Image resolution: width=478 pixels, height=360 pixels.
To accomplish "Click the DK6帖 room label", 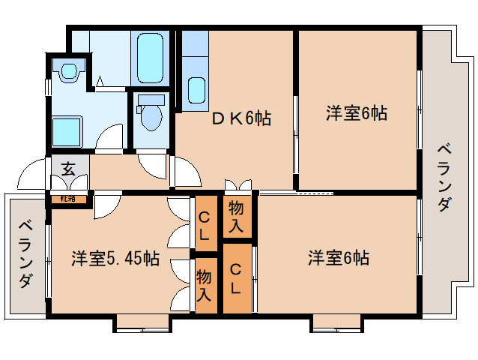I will pos(241,118).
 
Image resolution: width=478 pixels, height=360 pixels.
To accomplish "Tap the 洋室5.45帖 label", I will pos(115,259).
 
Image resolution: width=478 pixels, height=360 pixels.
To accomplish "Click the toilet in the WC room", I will pos(152,113).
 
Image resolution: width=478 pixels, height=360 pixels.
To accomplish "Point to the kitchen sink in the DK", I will pos(196,89).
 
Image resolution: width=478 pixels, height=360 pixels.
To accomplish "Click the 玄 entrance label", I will pos(68,169).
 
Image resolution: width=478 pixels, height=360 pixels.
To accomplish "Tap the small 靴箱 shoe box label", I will pos(68,199).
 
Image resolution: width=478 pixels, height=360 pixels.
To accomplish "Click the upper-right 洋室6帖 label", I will pos(356,114).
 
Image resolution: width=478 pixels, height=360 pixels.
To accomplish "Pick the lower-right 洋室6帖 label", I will pos(338,259).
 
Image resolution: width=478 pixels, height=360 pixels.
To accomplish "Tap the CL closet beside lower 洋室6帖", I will pos(236,277).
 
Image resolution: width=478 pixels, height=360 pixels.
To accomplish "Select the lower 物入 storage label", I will pos(205,286).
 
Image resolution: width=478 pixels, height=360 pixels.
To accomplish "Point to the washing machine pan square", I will pos(67,130).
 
